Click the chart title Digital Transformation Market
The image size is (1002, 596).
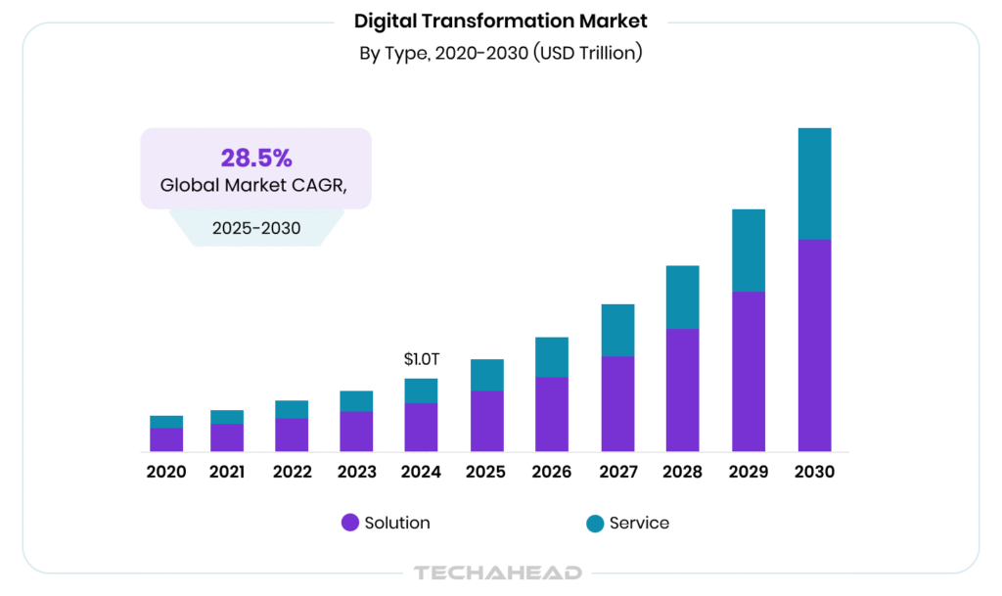coord(500,21)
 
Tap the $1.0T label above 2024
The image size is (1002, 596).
coord(422,359)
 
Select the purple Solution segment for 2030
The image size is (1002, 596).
coord(814,344)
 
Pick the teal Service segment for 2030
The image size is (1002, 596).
coord(814,183)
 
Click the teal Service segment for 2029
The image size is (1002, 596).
coord(749,250)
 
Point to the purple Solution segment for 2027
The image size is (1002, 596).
coord(617,403)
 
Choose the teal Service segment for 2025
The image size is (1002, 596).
coord(486,375)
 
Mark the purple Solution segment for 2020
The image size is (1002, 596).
coord(166,439)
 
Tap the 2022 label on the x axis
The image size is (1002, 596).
coord(292,472)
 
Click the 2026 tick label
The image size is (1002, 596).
coord(552,472)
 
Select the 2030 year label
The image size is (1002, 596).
coord(814,472)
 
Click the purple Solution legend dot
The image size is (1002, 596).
coord(349,523)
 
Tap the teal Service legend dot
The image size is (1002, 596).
coord(594,523)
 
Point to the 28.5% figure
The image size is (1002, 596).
coord(255,158)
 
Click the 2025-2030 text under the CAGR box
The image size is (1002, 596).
coord(255,229)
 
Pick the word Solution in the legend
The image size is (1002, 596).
coord(397,523)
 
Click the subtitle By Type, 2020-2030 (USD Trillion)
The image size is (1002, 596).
coord(500,53)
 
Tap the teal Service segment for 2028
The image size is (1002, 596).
coord(683,297)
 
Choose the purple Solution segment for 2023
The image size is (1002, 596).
coord(356,431)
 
